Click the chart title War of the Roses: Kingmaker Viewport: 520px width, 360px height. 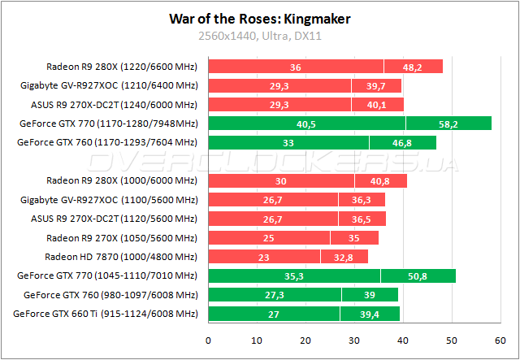pos(259,18)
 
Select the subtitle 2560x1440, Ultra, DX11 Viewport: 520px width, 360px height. pos(259,36)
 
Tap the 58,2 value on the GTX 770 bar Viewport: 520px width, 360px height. pos(448,124)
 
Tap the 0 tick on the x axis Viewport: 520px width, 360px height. pos(209,340)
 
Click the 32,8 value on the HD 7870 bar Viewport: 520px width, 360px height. pos(353,257)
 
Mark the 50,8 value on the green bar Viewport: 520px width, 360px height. pos(418,275)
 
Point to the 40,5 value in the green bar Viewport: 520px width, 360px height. pos(306,124)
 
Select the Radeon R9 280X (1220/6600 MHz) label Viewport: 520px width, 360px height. pos(122,67)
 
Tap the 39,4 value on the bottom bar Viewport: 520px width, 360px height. pos(370,314)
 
